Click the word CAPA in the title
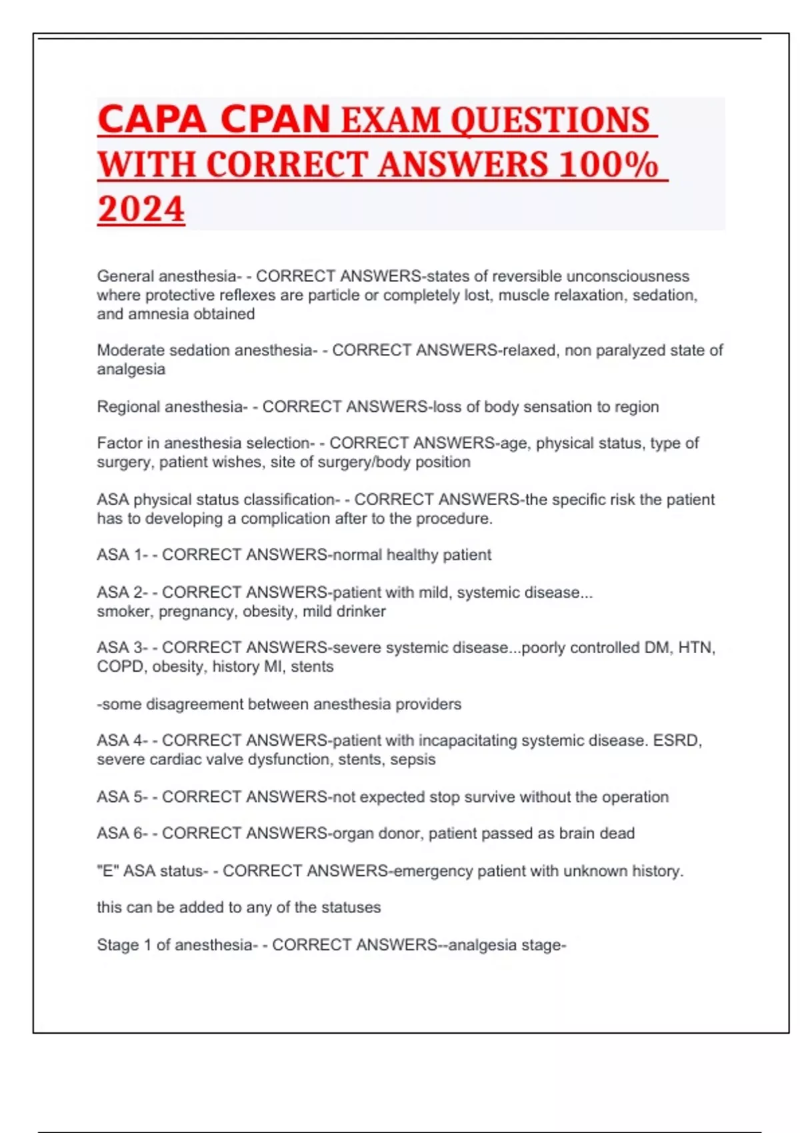(x=151, y=119)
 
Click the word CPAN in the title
(x=275, y=119)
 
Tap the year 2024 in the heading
(x=141, y=209)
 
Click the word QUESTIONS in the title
(x=550, y=121)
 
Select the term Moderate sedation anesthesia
(x=204, y=350)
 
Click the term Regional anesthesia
(x=170, y=407)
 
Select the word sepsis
(x=413, y=759)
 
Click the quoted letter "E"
(x=108, y=870)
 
